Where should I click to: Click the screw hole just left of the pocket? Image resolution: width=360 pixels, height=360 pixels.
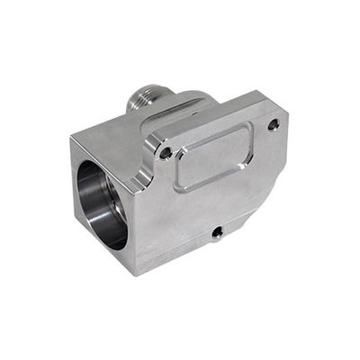(x=166, y=153)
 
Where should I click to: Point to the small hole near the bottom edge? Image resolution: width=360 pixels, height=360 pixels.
(x=217, y=232)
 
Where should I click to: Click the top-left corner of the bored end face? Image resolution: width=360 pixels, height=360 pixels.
(x=71, y=137)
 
